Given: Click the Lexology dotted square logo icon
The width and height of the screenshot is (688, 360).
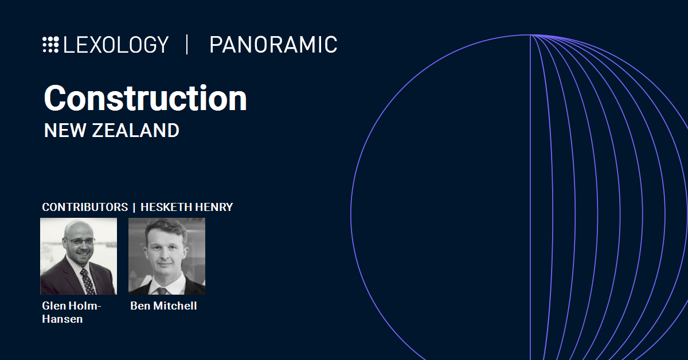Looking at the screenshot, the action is pyautogui.click(x=50, y=45).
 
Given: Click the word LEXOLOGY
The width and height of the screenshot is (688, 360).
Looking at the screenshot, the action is pyautogui.click(x=116, y=45).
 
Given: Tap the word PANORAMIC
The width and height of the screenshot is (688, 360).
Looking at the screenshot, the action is pyautogui.click(x=273, y=45).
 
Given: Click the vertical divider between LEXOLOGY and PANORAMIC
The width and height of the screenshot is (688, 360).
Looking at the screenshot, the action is pyautogui.click(x=187, y=45).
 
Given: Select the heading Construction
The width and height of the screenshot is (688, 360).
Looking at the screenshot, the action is pyautogui.click(x=145, y=98).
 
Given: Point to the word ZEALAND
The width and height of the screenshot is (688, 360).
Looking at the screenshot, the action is pyautogui.click(x=135, y=130).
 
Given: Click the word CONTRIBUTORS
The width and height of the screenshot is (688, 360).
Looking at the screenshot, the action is pyautogui.click(x=85, y=207).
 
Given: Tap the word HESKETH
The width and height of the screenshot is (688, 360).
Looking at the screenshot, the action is pyautogui.click(x=166, y=207).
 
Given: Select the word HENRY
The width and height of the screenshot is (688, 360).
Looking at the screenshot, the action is pyautogui.click(x=214, y=207).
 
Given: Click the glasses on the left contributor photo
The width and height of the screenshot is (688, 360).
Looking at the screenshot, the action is pyautogui.click(x=80, y=241).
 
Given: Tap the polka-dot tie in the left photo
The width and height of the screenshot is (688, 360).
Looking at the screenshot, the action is pyautogui.click(x=88, y=281).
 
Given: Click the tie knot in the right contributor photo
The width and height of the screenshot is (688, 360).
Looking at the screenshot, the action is pyautogui.click(x=162, y=291).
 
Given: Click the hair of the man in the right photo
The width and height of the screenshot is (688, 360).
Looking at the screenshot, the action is pyautogui.click(x=166, y=228).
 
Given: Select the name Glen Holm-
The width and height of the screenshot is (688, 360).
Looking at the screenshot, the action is pyautogui.click(x=72, y=306).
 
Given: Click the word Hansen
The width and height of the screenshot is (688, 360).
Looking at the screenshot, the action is pyautogui.click(x=62, y=319).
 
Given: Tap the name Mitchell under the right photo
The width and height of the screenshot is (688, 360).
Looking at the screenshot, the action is pyautogui.click(x=175, y=306).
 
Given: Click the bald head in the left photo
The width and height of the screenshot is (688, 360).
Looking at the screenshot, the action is pyautogui.click(x=79, y=230).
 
